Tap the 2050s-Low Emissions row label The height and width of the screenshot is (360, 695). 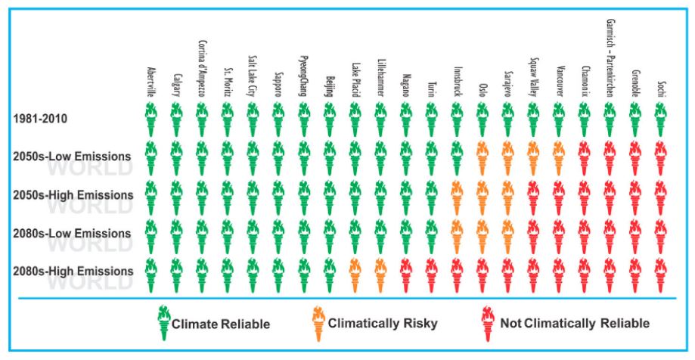click(x=73, y=156)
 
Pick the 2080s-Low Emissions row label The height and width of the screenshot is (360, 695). click(x=73, y=232)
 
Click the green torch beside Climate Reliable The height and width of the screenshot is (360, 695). click(x=161, y=322)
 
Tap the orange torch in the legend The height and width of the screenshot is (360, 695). click(x=316, y=322)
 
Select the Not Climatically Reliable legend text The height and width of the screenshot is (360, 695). click(x=575, y=324)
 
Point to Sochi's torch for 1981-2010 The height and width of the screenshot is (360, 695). click(x=660, y=119)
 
